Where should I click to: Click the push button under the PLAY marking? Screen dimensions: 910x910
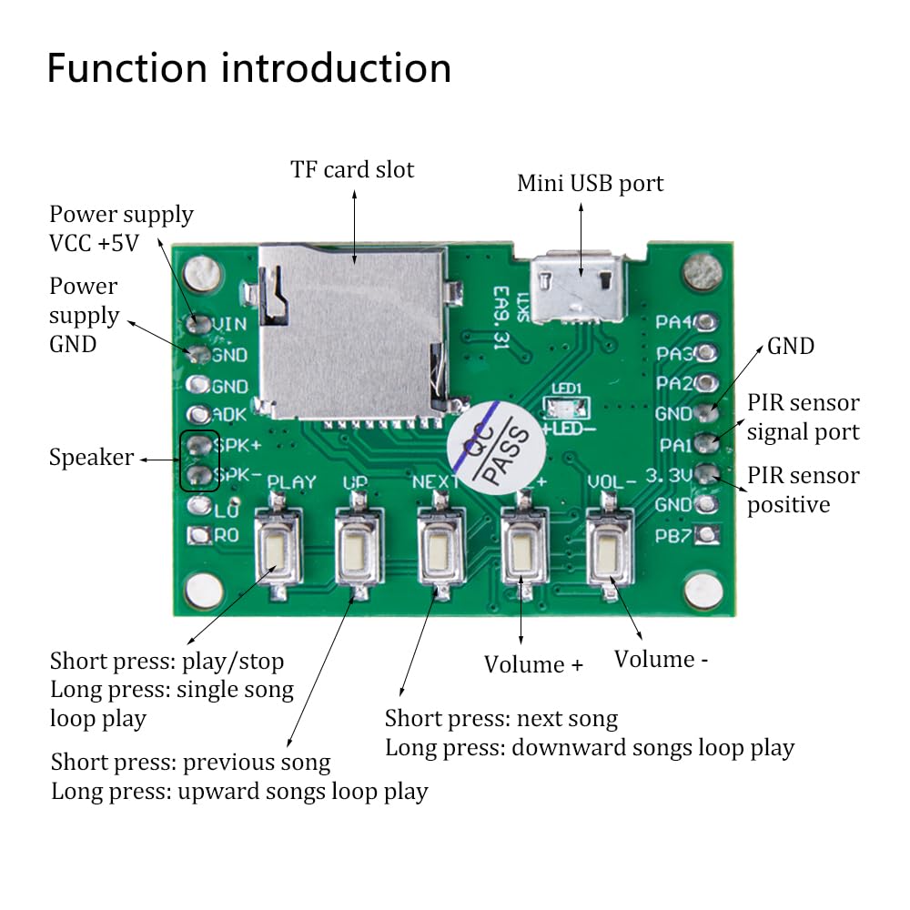[279, 549]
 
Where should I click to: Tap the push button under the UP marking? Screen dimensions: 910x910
[359, 549]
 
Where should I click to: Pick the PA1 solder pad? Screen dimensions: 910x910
[707, 444]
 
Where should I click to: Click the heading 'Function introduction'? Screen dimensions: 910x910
[249, 68]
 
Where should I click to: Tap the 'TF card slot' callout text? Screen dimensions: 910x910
[352, 169]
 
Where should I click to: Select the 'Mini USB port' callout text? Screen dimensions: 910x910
[590, 183]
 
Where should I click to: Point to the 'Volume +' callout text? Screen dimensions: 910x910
[533, 664]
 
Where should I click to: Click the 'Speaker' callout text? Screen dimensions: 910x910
[90, 458]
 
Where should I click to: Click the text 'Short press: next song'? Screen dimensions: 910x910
[501, 719]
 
